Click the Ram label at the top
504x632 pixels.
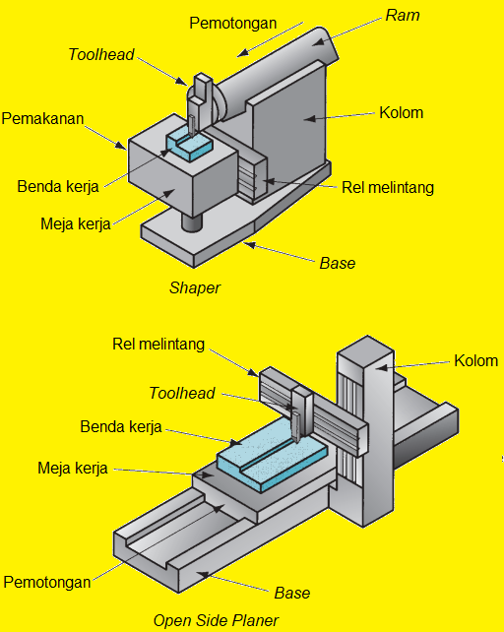coord(403,15)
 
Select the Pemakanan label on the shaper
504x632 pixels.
coord(42,119)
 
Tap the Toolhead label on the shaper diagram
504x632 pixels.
coord(101,54)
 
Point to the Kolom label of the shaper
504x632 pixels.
coord(401,112)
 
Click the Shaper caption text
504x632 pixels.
coord(194,288)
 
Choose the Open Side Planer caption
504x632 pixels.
coord(216,620)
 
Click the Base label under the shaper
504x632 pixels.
coord(338,263)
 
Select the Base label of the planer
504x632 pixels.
coord(292,593)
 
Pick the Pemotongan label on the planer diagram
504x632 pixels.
coord(47,582)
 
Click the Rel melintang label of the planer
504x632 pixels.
coord(158,344)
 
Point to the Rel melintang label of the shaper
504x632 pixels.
coord(387,187)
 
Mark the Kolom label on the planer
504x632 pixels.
coord(475,360)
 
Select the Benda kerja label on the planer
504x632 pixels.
coord(121,428)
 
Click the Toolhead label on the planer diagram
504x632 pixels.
coord(182,394)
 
